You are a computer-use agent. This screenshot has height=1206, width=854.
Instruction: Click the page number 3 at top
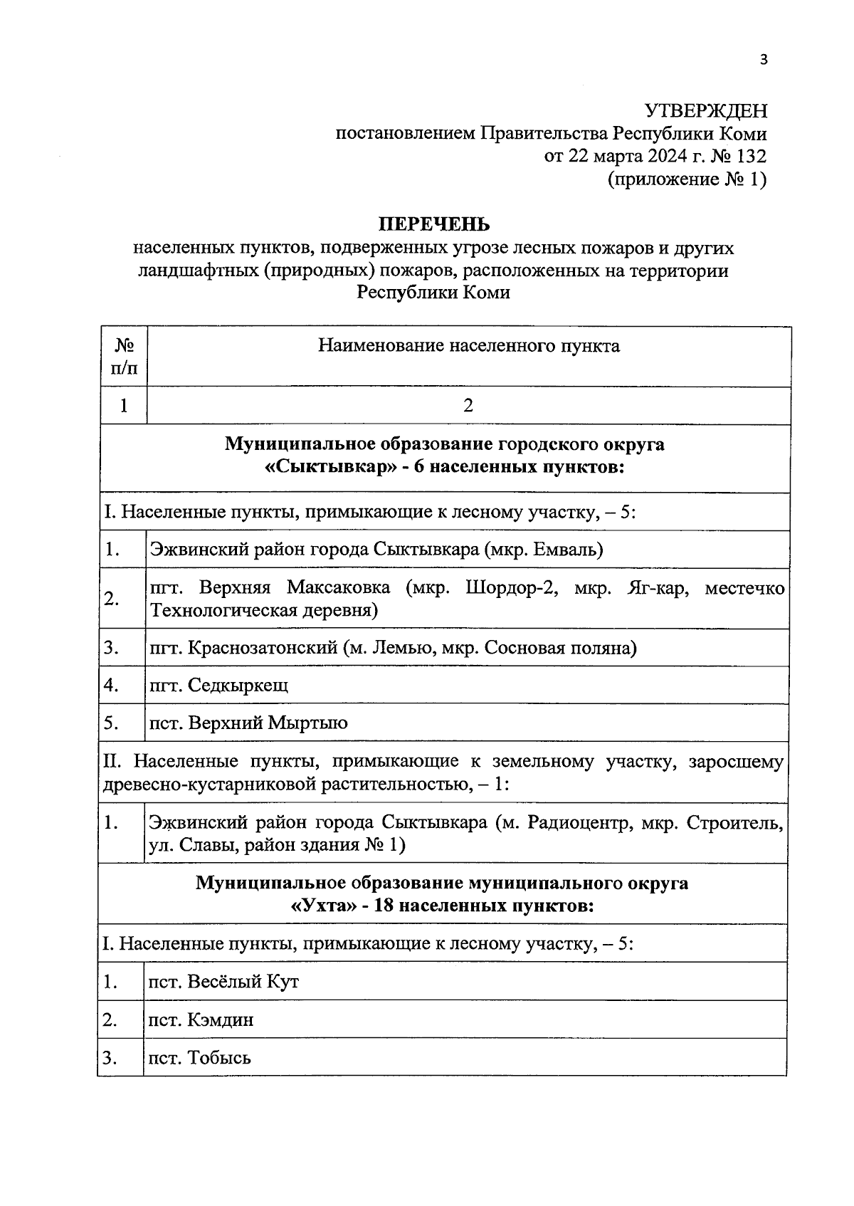pos(764,60)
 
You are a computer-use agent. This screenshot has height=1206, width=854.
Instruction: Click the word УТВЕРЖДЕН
pos(706,111)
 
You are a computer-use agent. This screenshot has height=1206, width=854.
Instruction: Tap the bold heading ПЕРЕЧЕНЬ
pos(433,225)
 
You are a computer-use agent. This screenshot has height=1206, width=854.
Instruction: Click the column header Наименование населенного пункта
pos(468,347)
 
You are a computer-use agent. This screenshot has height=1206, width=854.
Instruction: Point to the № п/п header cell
pos(124,357)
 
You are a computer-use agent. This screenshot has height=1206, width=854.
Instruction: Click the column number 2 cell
pos(468,407)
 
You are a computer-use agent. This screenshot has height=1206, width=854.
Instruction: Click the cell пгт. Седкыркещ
pos(218,686)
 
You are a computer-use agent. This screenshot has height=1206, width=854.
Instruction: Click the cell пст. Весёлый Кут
pos(223,982)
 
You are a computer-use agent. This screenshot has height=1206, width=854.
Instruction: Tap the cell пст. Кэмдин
pos(201,1020)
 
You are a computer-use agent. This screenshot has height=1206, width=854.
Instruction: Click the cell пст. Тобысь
pos(199,1058)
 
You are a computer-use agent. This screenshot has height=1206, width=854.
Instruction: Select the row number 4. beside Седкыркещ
pos(111,686)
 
